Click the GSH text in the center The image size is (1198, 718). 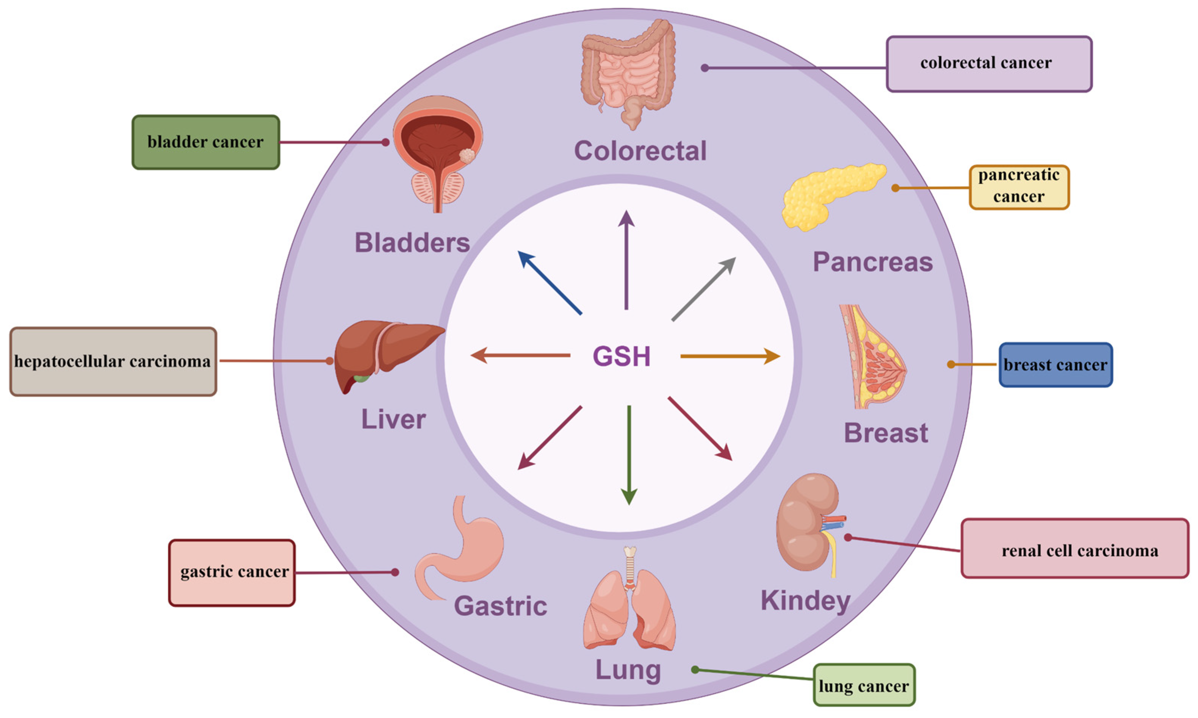point(621,357)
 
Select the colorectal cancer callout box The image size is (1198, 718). point(988,63)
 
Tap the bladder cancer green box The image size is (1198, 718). point(206,142)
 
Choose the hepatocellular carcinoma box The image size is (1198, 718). point(113,361)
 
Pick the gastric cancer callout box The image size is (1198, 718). point(232,573)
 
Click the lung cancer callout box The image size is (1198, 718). point(864,685)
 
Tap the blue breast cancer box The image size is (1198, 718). point(1055,365)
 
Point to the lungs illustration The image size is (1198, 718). point(629,610)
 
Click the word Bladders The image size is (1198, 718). point(412,242)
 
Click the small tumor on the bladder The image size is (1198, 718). point(467,156)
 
